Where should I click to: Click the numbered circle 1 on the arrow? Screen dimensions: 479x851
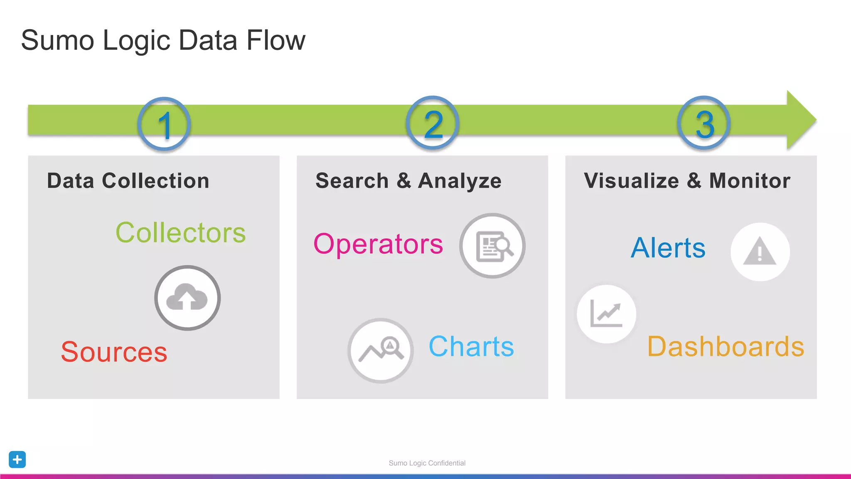(x=164, y=124)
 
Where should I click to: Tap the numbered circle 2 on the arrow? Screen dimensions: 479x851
(x=433, y=123)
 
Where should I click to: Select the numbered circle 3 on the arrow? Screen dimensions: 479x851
(x=704, y=123)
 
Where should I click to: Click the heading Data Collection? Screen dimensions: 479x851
(x=128, y=181)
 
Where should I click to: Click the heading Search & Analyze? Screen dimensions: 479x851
(x=408, y=181)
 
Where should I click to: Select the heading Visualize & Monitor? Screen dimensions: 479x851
(x=687, y=181)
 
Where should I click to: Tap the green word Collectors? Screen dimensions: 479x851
(x=180, y=232)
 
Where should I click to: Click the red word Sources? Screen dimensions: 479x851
(x=114, y=352)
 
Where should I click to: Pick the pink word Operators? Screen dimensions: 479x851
(x=378, y=244)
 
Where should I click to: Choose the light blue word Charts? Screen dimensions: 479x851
(x=471, y=346)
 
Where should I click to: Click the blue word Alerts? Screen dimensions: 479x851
(x=668, y=248)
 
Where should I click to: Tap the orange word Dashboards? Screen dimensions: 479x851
(x=726, y=346)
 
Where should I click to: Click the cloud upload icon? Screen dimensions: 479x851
(x=187, y=298)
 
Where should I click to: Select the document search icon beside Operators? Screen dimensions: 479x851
(x=492, y=246)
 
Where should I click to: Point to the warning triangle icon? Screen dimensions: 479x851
(x=760, y=252)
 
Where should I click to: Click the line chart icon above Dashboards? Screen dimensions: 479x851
(x=606, y=314)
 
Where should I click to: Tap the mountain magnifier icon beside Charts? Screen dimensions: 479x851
(x=381, y=351)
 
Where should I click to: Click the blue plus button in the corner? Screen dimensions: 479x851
(x=17, y=459)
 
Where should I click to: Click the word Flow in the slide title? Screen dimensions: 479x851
(x=275, y=40)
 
